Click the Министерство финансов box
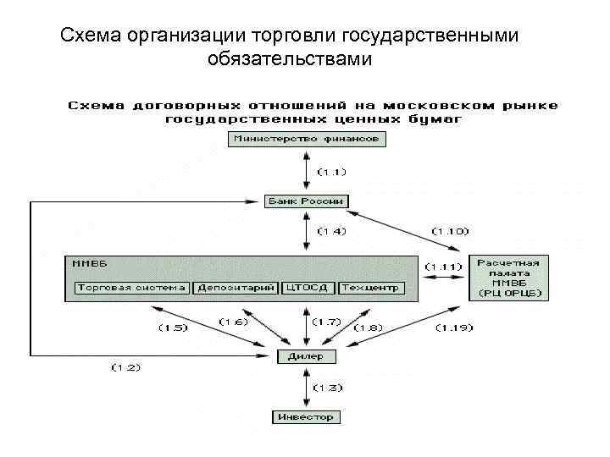click(x=306, y=138)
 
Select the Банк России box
click(x=306, y=201)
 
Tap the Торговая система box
click(x=131, y=288)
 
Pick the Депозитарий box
click(x=236, y=288)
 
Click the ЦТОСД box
click(x=308, y=288)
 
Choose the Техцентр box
click(x=371, y=288)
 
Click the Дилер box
click(x=306, y=356)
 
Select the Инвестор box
click(x=306, y=416)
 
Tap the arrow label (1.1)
click(x=331, y=172)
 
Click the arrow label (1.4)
click(x=331, y=230)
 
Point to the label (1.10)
click(x=449, y=230)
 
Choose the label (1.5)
click(x=173, y=327)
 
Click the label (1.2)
click(x=125, y=366)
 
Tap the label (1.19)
click(x=455, y=327)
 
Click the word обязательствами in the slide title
click(x=289, y=59)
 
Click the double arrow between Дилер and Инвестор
click(x=306, y=387)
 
